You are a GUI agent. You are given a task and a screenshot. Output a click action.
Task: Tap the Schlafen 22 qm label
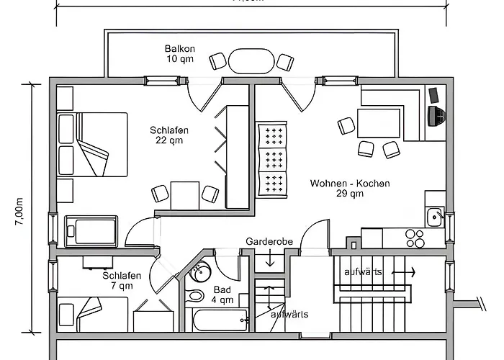tap(170, 135)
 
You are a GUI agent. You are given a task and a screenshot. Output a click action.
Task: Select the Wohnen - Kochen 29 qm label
tap(350, 188)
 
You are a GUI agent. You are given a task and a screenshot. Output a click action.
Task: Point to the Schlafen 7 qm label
tap(117, 281)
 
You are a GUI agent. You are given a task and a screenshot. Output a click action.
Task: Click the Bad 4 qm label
tap(222, 294)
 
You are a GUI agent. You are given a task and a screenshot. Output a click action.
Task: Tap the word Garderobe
tap(270, 242)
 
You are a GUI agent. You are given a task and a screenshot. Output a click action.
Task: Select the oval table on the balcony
tap(251, 61)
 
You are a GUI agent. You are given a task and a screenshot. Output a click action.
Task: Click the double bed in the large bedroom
tap(93, 144)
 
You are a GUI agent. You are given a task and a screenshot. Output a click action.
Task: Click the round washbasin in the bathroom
tap(200, 272)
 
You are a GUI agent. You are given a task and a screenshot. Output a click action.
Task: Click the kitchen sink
tap(436, 216)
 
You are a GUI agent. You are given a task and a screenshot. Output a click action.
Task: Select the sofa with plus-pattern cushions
tap(272, 157)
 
